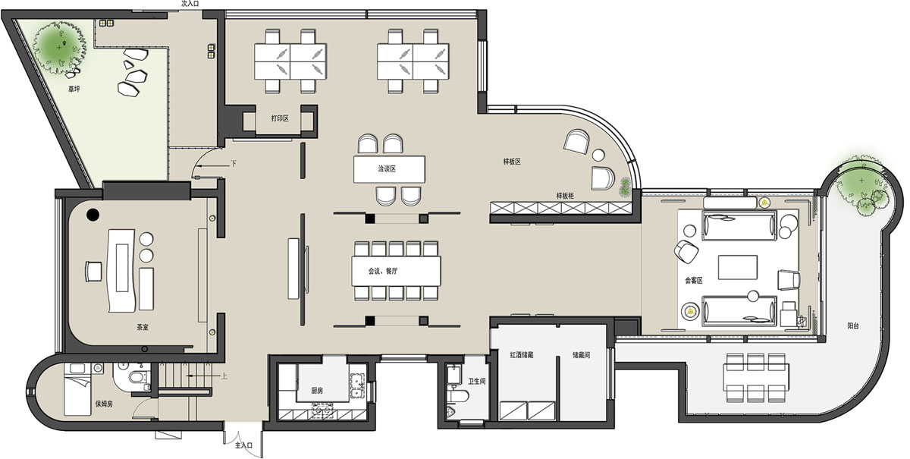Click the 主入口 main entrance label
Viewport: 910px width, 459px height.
pyautogui.click(x=243, y=445)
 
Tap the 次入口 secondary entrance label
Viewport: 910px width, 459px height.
pyautogui.click(x=190, y=4)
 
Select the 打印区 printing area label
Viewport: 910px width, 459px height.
pyautogui.click(x=280, y=118)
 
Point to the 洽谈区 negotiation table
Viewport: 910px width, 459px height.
pyautogui.click(x=389, y=169)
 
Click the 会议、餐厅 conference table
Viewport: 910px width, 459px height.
pyautogui.click(x=396, y=271)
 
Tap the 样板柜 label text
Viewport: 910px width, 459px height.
pyautogui.click(x=565, y=196)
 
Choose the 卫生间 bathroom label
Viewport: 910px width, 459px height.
pyautogui.click(x=477, y=381)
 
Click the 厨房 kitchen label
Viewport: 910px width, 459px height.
pyautogui.click(x=317, y=391)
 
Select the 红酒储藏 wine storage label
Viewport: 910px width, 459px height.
pyautogui.click(x=522, y=355)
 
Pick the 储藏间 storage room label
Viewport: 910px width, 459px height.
pyautogui.click(x=581, y=355)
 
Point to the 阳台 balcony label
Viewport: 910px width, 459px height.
pyautogui.click(x=853, y=325)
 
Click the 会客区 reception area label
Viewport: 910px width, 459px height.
pyautogui.click(x=693, y=280)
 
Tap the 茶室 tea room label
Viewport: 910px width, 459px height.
pyautogui.click(x=143, y=327)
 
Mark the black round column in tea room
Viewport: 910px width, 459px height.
pyautogui.click(x=93, y=214)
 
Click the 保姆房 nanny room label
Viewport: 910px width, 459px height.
pyautogui.click(x=104, y=404)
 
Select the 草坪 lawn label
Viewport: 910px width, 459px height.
pyautogui.click(x=74, y=89)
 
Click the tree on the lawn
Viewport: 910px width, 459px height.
pyautogui.click(x=60, y=48)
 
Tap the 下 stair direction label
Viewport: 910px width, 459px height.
pyautogui.click(x=234, y=163)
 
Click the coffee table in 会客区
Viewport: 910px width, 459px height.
pyautogui.click(x=738, y=267)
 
